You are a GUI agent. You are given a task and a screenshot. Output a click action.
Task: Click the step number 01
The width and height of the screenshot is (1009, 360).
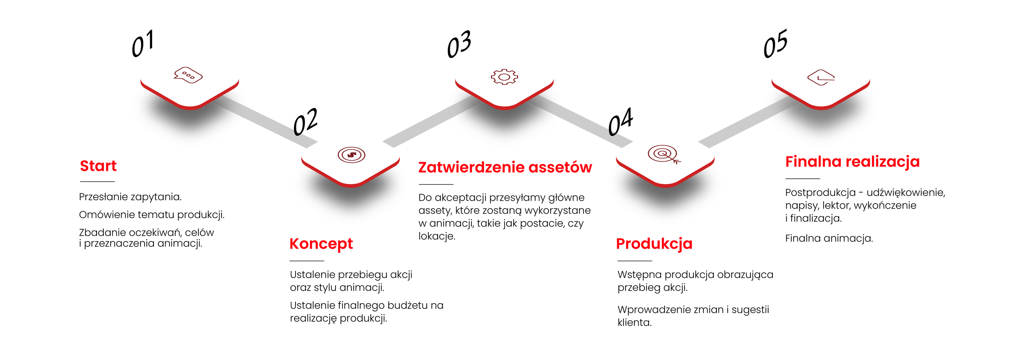pyautogui.click(x=143, y=43)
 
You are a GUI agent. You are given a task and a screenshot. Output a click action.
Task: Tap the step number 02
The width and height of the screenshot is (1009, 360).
pyautogui.click(x=305, y=122)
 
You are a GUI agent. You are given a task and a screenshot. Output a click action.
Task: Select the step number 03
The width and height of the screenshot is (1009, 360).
pyautogui.click(x=459, y=44)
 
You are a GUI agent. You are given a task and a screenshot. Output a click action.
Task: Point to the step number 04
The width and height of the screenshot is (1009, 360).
pyautogui.click(x=621, y=122)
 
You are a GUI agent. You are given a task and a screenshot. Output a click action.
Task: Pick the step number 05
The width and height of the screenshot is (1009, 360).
pyautogui.click(x=776, y=43)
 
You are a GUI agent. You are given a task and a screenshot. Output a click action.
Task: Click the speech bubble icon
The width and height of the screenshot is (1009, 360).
pyautogui.click(x=188, y=75)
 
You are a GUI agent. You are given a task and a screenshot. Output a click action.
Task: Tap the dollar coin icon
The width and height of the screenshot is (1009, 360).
pyautogui.click(x=351, y=155)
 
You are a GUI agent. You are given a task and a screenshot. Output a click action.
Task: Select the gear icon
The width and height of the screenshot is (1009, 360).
pyautogui.click(x=504, y=77)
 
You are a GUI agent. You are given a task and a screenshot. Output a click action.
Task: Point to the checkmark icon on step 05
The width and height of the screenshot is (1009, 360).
pyautogui.click(x=821, y=77)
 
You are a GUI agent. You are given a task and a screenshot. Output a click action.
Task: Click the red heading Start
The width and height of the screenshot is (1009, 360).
pyautogui.click(x=98, y=166)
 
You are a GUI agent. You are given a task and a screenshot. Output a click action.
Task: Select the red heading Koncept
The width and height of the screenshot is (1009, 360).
pyautogui.click(x=321, y=244)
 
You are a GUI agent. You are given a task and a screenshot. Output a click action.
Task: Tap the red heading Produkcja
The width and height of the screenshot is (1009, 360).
pyautogui.click(x=654, y=244)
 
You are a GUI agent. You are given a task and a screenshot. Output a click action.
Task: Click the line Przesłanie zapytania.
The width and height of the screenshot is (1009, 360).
pyautogui.click(x=130, y=197)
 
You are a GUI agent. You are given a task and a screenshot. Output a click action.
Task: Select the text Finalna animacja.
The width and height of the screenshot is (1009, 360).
pyautogui.click(x=829, y=238)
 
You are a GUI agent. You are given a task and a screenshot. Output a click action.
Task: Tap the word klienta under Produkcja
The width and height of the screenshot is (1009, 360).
pyautogui.click(x=635, y=323)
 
